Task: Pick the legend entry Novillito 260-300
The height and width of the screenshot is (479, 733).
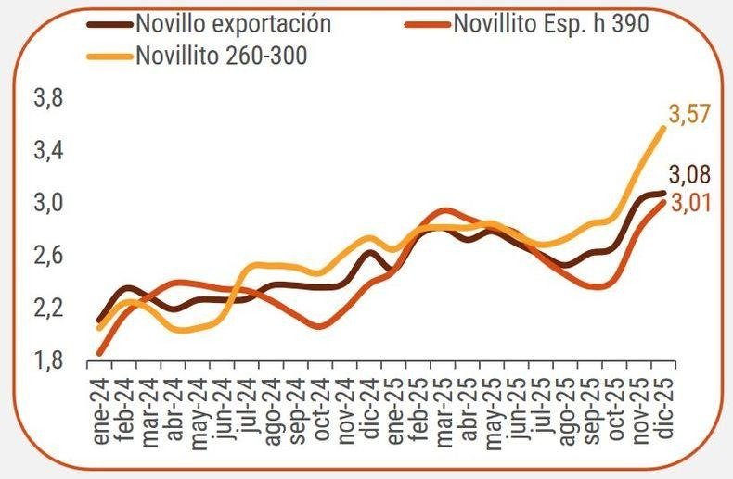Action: point(221,55)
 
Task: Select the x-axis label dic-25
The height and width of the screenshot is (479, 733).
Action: point(662,408)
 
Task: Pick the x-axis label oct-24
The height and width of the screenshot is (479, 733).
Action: point(320,409)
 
